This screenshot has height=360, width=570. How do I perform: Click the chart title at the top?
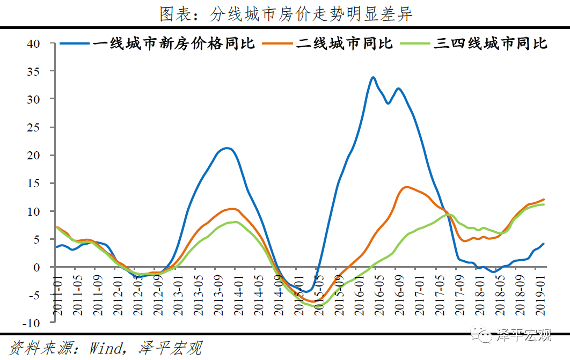[x=285, y=14]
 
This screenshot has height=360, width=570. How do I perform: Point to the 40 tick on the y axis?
[x=33, y=43]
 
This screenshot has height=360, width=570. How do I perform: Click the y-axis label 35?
[x=33, y=71]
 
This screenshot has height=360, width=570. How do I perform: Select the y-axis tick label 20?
[x=33, y=155]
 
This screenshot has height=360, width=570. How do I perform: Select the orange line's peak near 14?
[x=406, y=187]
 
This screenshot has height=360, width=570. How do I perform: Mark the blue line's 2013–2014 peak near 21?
[x=227, y=148]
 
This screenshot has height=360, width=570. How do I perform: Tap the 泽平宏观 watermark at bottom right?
[x=524, y=336]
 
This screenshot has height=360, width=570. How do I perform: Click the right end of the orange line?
[x=544, y=200]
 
